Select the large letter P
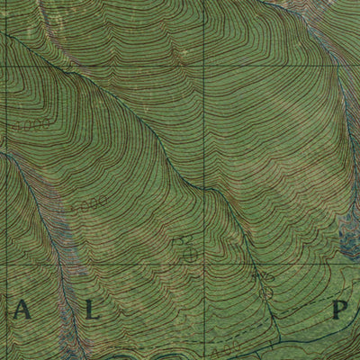tap(341, 312)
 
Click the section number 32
tap(184, 240)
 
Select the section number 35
tap(263, 274)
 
